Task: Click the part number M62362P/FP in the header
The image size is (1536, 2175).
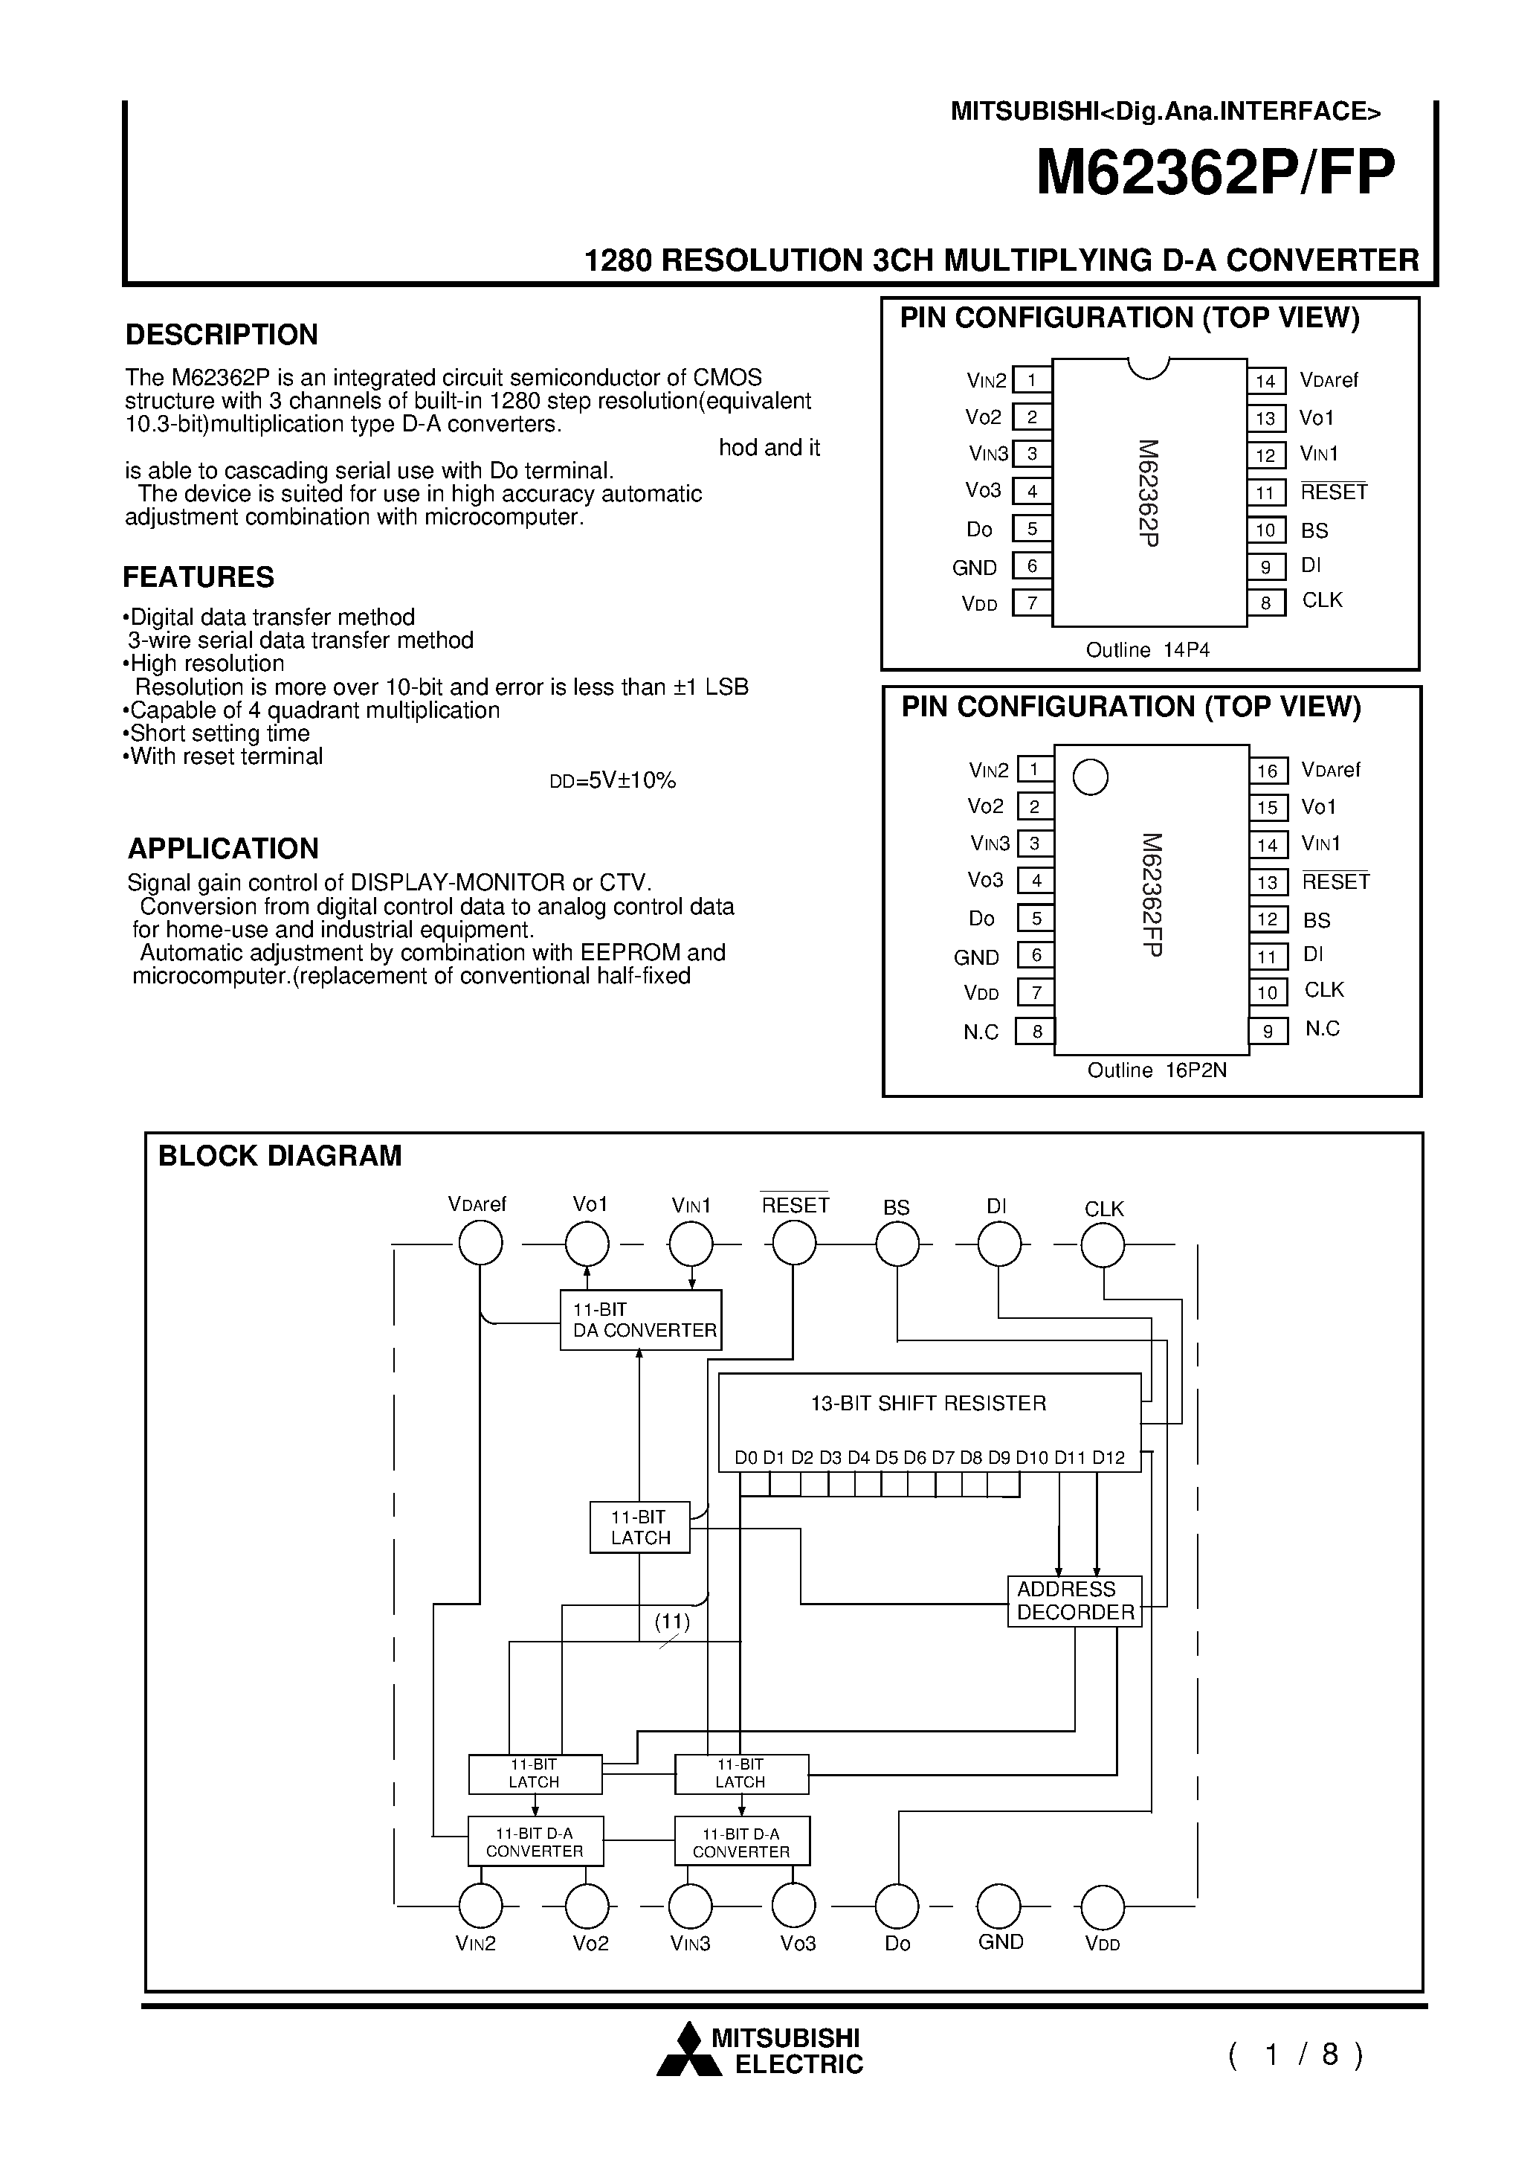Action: click(x=1215, y=173)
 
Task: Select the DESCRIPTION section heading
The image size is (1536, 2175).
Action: click(x=222, y=335)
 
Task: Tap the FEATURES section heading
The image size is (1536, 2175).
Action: click(x=199, y=577)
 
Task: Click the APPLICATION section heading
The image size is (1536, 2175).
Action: click(x=224, y=848)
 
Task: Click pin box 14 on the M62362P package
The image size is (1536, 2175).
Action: click(x=1266, y=381)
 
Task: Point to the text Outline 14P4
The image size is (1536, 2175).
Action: click(x=1148, y=650)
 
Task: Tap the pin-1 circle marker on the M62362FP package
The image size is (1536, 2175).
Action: click(x=1091, y=778)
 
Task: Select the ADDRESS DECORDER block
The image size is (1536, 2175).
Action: click(x=1075, y=1601)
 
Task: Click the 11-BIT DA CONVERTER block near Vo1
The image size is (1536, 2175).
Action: click(x=641, y=1320)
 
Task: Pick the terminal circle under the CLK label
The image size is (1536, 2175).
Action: click(x=1103, y=1244)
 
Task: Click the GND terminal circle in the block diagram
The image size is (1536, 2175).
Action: click(x=999, y=1905)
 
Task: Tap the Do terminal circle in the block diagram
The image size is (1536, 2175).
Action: click(x=897, y=1905)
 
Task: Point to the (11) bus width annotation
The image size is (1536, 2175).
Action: click(x=672, y=1622)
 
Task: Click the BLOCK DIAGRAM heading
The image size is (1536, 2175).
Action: click(x=280, y=1156)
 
